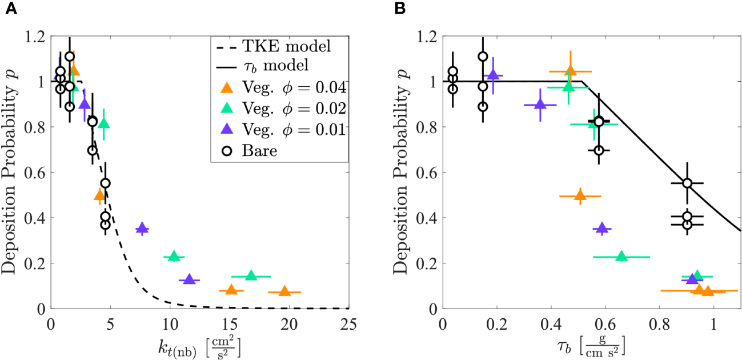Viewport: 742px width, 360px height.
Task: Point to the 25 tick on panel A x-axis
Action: coord(348,323)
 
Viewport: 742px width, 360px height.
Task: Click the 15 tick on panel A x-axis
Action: coord(230,323)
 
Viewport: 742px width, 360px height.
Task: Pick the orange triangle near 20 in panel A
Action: coord(284,291)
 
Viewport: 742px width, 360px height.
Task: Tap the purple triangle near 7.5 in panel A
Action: coord(142,228)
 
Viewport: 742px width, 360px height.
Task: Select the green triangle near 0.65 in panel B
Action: coord(621,256)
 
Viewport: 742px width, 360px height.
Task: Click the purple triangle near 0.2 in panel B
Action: coord(493,75)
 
